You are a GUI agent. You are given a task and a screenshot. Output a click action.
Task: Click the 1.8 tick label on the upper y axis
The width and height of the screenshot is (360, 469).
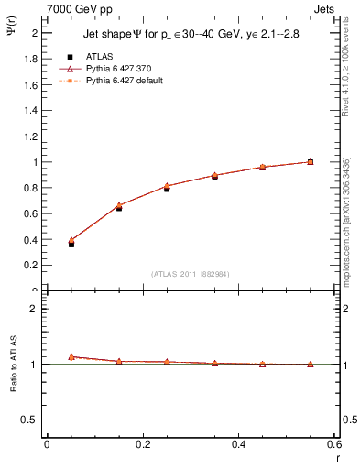[30, 59]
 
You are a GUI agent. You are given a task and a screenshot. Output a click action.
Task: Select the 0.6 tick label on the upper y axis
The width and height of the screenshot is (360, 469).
[30, 213]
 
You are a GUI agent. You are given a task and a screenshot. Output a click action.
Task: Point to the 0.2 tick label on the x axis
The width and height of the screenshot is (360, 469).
[142, 444]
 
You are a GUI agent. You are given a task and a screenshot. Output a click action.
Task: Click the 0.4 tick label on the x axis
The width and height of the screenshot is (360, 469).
[238, 444]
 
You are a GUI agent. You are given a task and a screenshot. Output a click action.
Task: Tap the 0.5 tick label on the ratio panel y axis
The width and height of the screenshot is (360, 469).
[30, 420]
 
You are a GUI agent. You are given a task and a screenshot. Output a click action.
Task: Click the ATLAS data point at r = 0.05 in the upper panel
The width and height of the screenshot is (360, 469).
[71, 244]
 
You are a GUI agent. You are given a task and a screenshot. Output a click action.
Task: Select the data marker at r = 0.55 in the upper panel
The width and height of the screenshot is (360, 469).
[311, 162]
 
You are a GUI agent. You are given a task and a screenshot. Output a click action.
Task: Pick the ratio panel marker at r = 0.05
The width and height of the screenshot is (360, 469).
[71, 356]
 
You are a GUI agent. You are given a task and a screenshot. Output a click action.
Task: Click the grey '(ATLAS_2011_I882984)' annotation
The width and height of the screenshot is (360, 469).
[191, 274]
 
